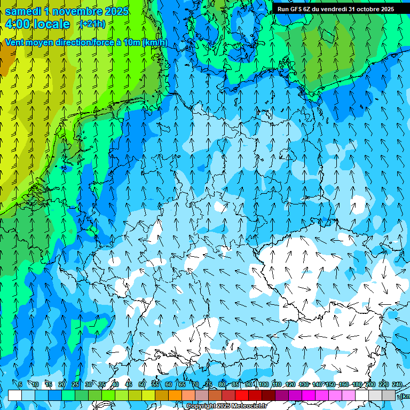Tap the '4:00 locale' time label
pos(37,24)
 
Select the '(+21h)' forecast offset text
pos(92,23)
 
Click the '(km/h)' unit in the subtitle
pos(155,43)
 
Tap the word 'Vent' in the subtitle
pos(14,43)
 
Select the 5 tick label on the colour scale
pos(20,384)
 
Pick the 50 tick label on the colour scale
pos(142,384)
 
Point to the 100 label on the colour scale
pos(263,384)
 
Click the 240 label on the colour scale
pos(397,384)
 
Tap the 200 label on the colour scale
pos(370,384)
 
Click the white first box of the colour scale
pos(15,396)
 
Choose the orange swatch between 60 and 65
pos(175,396)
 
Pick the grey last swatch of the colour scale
pos(389,396)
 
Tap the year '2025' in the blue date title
pos(116,11)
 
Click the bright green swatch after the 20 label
pos(68,396)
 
